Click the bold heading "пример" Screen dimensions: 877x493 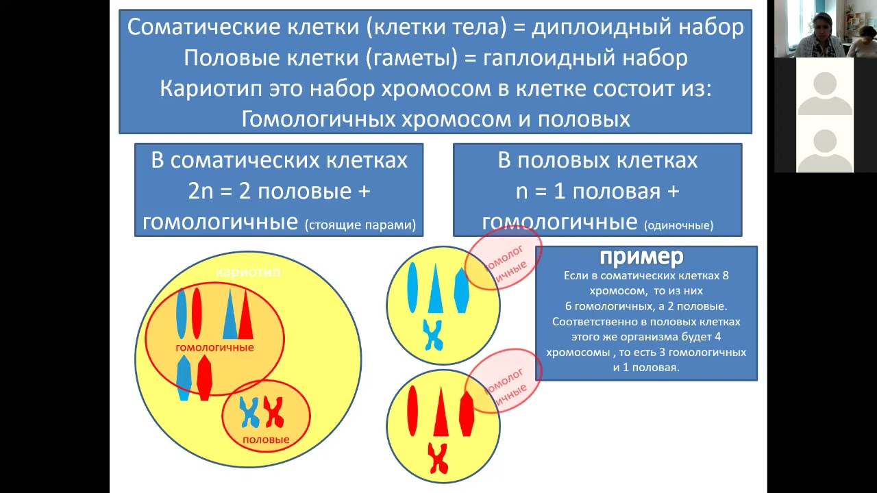coord(642,257)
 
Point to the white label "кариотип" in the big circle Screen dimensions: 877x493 coord(248,272)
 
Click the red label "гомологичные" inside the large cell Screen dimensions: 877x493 coord(214,347)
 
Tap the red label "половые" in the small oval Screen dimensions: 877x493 coord(266,440)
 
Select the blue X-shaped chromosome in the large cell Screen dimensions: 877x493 coord(249,412)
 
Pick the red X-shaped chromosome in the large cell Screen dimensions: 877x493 coord(274,412)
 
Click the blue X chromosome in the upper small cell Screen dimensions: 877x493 coord(433,334)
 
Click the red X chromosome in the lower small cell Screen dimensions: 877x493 coord(437,458)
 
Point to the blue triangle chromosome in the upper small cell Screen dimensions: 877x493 coord(434,288)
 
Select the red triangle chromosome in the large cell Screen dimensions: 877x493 coord(245,315)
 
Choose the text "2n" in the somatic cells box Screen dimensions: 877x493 coord(201,192)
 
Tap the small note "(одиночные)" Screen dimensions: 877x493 coord(678,225)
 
